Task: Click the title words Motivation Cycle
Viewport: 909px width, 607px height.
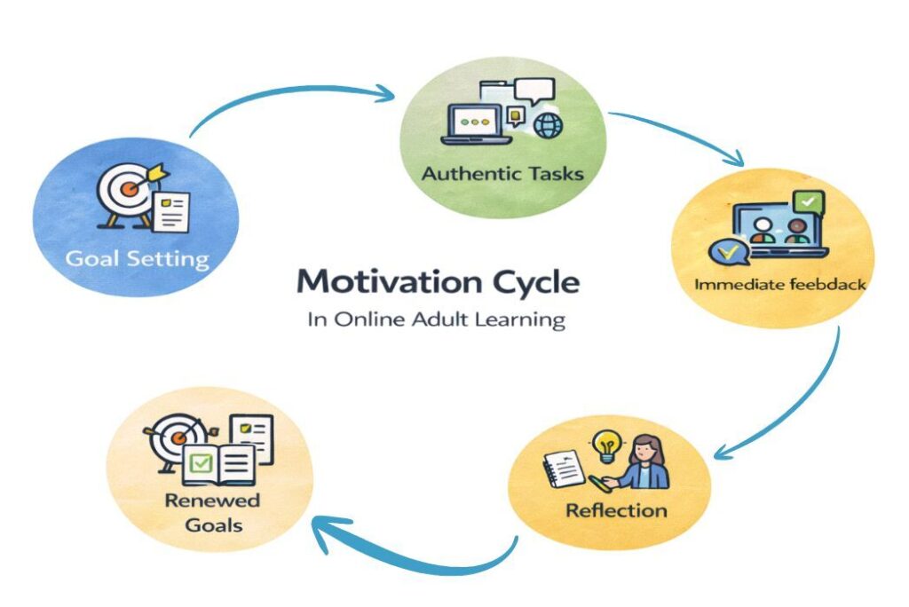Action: [x=438, y=283]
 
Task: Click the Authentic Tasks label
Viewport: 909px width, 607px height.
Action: [x=502, y=173]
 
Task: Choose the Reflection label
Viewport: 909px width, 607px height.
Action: [x=616, y=510]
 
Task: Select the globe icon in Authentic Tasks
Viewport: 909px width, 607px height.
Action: [x=547, y=126]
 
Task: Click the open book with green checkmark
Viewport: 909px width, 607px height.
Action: [x=218, y=464]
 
